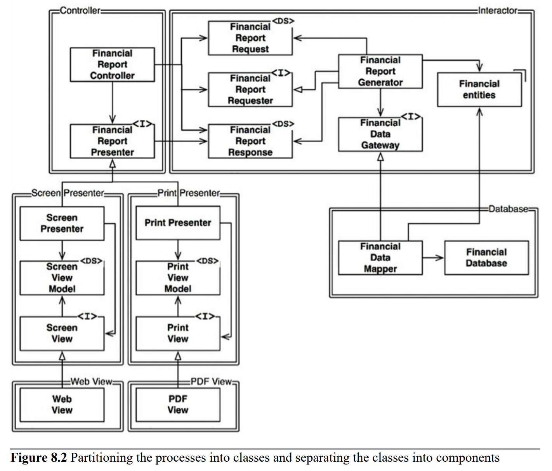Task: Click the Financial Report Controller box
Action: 112,65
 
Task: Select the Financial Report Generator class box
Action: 380,72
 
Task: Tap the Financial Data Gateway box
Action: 380,134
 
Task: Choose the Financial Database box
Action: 486,258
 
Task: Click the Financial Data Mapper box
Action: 380,258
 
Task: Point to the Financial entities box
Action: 479,89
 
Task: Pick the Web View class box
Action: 62,405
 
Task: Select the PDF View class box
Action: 178,405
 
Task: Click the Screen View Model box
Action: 62,278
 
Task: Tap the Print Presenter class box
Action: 178,223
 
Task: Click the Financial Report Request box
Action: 250,38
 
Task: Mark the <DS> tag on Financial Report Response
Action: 283,124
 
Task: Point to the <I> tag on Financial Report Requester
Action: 281,73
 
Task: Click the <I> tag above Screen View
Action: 87,316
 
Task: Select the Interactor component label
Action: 498,11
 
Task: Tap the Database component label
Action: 508,209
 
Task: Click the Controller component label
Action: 80,11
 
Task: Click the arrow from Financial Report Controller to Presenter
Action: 113,103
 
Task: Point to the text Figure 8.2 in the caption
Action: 38,458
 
